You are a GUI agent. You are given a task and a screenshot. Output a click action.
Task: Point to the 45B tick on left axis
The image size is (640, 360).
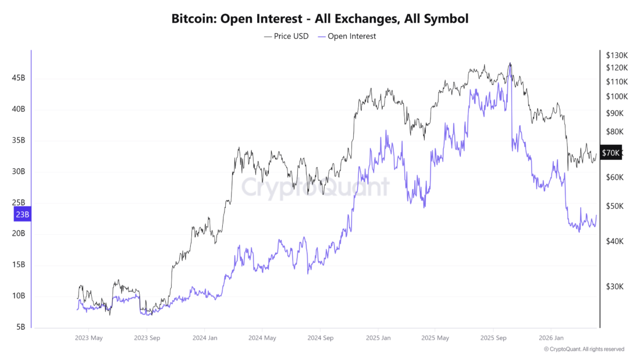[x=17, y=78]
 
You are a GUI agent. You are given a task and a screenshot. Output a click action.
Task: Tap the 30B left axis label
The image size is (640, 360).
[x=17, y=172]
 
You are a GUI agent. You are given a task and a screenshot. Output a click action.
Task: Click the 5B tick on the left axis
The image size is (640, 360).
[x=20, y=327]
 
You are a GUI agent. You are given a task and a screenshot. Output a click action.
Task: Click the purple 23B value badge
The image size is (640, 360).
[x=22, y=215]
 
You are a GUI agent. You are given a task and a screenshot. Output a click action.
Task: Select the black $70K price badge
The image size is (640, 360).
[x=611, y=153]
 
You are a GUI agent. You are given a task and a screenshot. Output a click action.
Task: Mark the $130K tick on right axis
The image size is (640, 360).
[x=617, y=55]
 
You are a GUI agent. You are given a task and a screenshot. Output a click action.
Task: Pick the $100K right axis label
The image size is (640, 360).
[x=617, y=97]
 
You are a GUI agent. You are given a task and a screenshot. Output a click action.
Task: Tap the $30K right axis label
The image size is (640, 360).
[x=614, y=287]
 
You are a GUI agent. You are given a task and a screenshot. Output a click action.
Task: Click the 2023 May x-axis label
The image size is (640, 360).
[x=89, y=337]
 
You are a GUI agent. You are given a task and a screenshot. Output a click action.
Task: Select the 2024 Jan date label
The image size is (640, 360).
[x=205, y=337]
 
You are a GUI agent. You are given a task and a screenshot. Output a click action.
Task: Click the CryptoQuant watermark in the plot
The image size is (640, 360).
[x=315, y=188]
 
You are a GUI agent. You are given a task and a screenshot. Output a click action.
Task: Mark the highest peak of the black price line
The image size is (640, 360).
[x=510, y=63]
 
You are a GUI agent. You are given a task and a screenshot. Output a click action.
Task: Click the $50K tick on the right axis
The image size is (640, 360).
[x=614, y=206]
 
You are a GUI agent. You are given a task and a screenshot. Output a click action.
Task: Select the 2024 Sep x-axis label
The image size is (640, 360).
[x=320, y=337]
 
